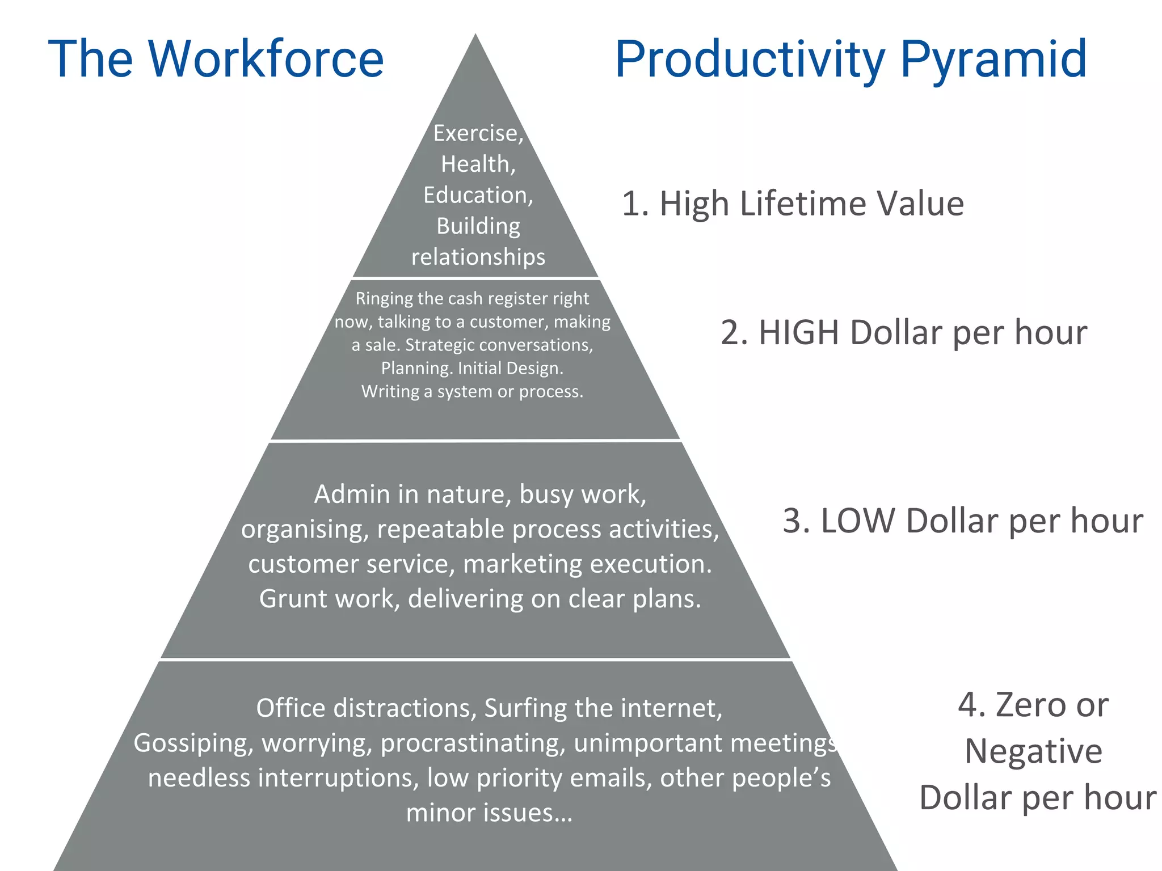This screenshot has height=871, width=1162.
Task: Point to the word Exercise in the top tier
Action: [x=475, y=134]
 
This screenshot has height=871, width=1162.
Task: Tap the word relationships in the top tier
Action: [x=478, y=257]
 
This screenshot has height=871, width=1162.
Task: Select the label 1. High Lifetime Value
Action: [x=793, y=204]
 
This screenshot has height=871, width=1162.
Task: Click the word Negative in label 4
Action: [x=1033, y=751]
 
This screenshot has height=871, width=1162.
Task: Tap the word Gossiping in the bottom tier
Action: [x=193, y=743]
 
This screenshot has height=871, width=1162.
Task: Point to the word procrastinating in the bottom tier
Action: [x=472, y=743]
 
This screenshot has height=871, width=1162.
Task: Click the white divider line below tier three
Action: [x=475, y=659]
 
